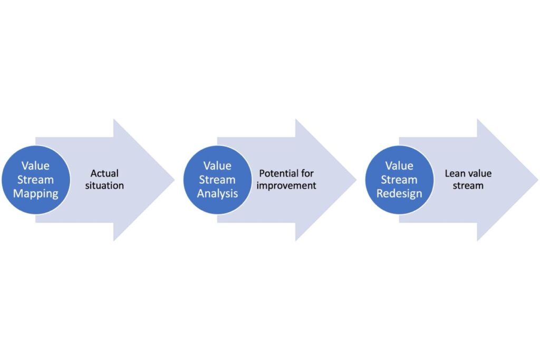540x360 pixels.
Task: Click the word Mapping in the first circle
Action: point(36,193)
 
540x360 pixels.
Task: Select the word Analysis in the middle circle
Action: point(217,193)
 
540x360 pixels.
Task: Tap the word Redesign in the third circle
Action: point(399,193)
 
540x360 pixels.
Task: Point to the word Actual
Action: point(104,173)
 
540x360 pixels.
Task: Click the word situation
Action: point(104,186)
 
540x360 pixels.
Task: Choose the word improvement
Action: point(286,186)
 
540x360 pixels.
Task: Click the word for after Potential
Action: point(307,173)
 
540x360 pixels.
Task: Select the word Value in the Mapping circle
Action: point(36,166)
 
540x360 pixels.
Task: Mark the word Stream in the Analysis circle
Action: point(217,180)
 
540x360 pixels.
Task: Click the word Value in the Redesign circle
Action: point(399,166)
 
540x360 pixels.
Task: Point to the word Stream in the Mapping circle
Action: point(36,180)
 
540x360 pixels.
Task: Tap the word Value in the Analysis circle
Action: point(217,166)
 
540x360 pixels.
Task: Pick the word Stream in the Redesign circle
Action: point(399,180)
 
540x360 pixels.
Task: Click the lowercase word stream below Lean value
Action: point(468,186)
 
